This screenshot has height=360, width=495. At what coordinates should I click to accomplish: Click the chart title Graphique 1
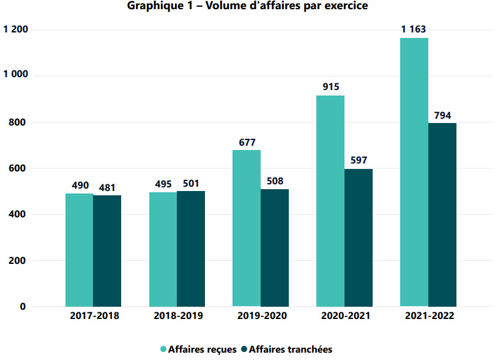tap(248, 7)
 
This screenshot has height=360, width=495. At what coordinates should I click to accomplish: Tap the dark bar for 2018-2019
tap(191, 249)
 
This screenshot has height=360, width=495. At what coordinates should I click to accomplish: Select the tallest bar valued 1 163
tap(414, 172)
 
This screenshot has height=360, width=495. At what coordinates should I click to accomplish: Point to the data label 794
tap(442, 114)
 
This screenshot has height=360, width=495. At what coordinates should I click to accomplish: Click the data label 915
tap(331, 86)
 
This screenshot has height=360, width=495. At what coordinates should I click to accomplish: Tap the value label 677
tap(247, 141)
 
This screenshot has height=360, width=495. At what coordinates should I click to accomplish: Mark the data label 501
tap(191, 182)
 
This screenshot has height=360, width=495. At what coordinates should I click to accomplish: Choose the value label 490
tap(80, 184)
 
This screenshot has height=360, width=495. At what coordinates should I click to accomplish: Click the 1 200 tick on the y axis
tap(16, 29)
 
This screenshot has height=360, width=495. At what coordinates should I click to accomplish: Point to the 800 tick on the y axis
tap(21, 122)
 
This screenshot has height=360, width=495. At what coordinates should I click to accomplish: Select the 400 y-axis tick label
tap(21, 214)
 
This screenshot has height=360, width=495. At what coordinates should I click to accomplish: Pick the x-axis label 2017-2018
tap(94, 317)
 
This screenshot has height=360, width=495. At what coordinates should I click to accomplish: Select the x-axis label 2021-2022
tap(429, 317)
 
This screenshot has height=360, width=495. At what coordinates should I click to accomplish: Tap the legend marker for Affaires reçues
tap(164, 350)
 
